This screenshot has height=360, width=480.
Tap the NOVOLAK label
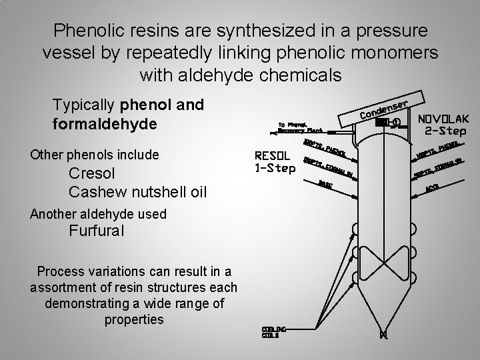click(444, 118)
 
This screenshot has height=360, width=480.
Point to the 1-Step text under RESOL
click(275, 168)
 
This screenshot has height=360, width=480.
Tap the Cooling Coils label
click(269, 332)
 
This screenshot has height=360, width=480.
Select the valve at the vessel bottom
click(383, 334)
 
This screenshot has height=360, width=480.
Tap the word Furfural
click(95, 232)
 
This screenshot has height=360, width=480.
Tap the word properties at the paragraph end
click(134, 319)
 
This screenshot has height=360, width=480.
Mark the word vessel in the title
click(66, 53)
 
